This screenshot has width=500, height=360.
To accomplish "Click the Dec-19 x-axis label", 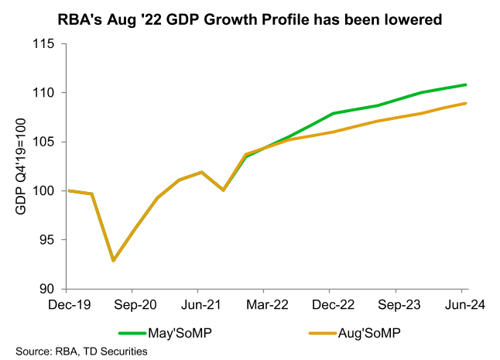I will [69, 305].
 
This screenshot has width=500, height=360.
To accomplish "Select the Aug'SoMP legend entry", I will [369, 333].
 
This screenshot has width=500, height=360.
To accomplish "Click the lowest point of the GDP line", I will [114, 260].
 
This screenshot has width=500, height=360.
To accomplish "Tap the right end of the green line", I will [466, 84].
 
